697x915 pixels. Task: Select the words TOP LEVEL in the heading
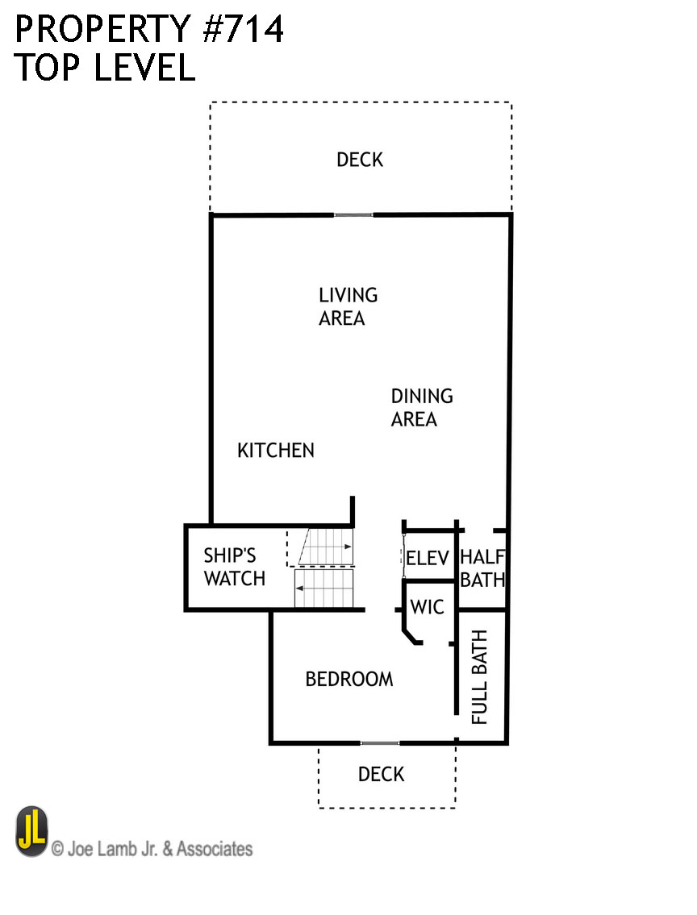(105, 68)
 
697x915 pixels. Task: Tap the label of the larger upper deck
(360, 160)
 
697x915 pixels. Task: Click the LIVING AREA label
(348, 306)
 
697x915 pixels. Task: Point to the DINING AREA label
(421, 407)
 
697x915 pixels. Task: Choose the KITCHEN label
(276, 451)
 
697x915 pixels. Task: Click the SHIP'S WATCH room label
(234, 567)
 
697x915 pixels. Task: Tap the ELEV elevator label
(427, 558)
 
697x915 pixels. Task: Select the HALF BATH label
(482, 568)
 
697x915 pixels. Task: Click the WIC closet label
(427, 607)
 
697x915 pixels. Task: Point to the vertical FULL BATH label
(480, 677)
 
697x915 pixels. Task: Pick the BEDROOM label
(349, 680)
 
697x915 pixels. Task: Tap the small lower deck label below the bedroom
(381, 775)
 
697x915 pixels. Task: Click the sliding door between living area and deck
(354, 214)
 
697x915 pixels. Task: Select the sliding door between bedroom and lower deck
(379, 742)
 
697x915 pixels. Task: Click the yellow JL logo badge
(32, 833)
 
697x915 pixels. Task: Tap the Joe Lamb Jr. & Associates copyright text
(152, 849)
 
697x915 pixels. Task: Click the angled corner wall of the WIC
(412, 638)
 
